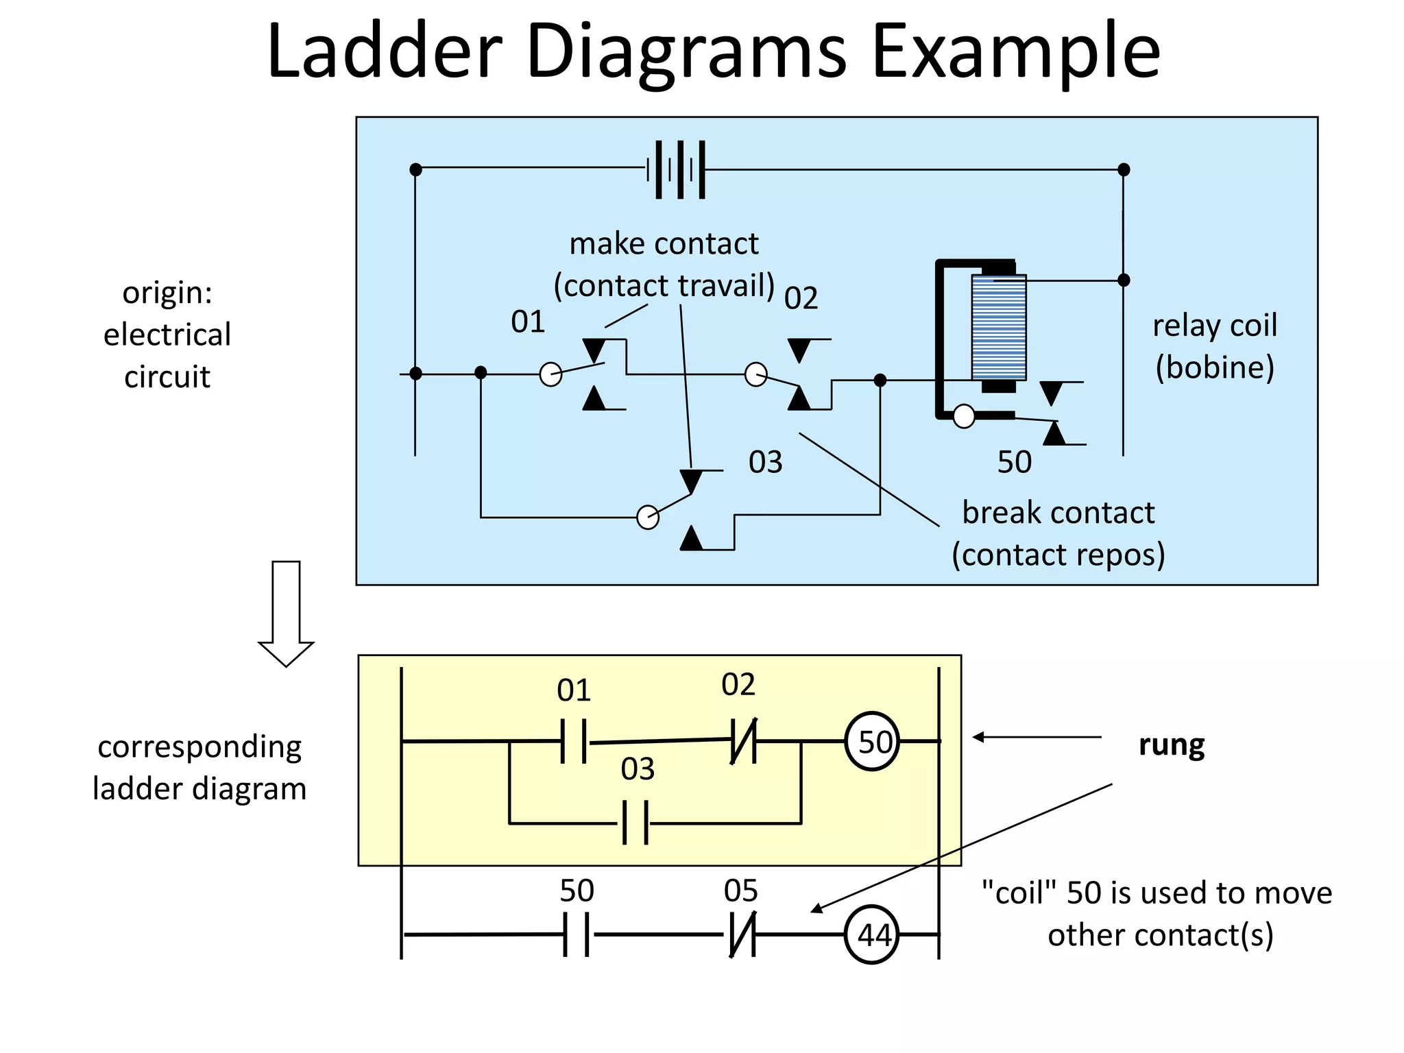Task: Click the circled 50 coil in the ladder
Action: click(x=871, y=742)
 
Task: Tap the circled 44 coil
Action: click(x=871, y=934)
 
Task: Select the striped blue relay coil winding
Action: click(x=998, y=328)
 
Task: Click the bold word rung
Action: click(x=1171, y=745)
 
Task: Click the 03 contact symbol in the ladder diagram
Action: click(x=636, y=822)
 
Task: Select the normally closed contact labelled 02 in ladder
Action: click(x=744, y=741)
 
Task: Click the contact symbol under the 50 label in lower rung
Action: click(x=576, y=934)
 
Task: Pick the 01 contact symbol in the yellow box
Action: click(x=574, y=741)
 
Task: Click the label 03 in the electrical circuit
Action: click(x=765, y=462)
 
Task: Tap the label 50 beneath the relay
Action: click(x=1014, y=462)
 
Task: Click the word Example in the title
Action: click(x=1016, y=51)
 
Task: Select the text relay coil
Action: click(x=1214, y=325)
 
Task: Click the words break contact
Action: click(x=1058, y=513)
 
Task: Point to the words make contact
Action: click(x=664, y=244)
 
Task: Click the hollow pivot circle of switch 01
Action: click(x=550, y=374)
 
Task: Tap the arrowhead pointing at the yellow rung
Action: click(x=979, y=737)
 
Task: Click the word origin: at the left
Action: click(x=167, y=293)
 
